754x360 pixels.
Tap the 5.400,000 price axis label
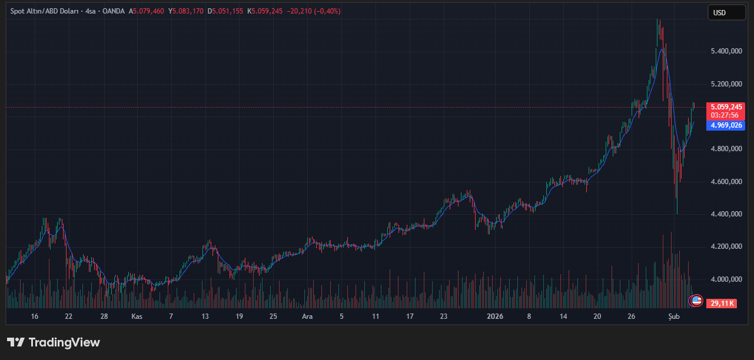[727, 52]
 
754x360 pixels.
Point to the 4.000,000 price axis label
[727, 279]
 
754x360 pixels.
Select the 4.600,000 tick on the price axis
[727, 182]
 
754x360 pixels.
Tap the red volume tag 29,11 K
[722, 304]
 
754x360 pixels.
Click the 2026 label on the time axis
[495, 316]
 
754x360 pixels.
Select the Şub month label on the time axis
[674, 316]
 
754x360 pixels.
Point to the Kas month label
[137, 316]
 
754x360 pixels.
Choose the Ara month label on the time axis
[307, 316]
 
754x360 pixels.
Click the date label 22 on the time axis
[69, 316]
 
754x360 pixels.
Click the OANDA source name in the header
[114, 11]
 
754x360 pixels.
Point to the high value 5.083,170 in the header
[187, 11]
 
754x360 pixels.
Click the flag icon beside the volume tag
[696, 301]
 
